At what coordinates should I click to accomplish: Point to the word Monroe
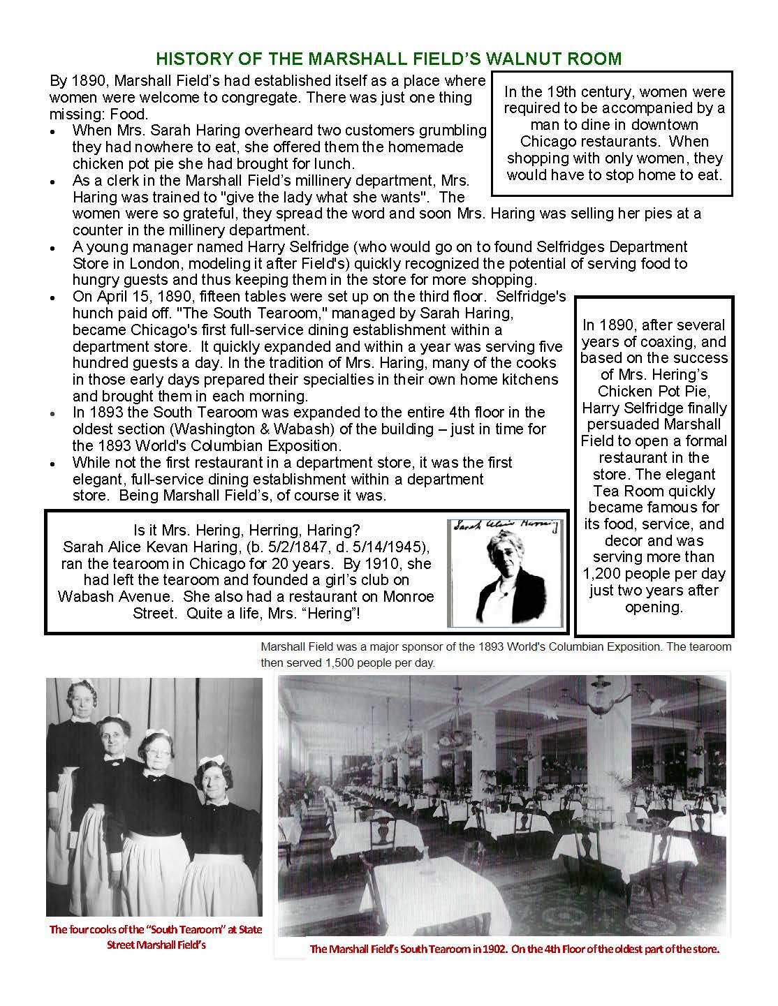click(x=408, y=596)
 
